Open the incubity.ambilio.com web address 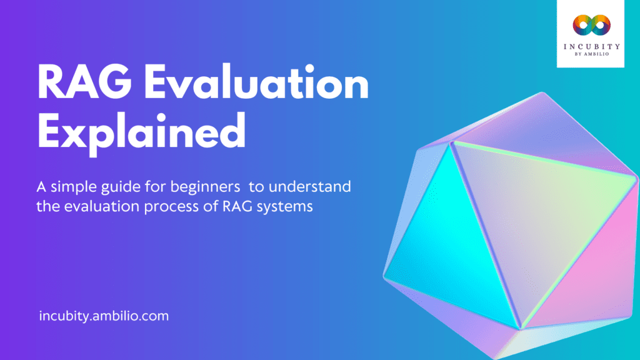[x=103, y=316]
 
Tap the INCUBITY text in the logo [x=591, y=45]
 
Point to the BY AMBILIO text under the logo [x=591, y=54]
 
